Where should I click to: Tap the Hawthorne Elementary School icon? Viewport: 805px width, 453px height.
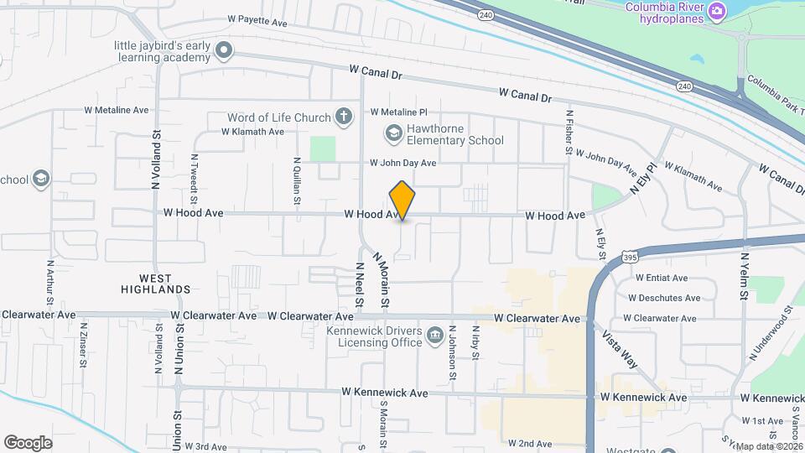click(x=392, y=133)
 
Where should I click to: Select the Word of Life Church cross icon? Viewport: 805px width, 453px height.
click(x=343, y=116)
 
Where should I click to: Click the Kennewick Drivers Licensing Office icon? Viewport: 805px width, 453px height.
click(x=434, y=336)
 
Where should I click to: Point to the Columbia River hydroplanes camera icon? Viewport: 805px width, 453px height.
click(x=716, y=10)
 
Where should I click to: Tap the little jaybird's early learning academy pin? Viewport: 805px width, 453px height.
click(x=223, y=50)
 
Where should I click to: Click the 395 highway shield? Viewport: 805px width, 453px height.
click(x=631, y=258)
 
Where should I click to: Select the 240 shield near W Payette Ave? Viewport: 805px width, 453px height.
click(x=486, y=15)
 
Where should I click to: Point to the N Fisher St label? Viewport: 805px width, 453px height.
click(x=569, y=134)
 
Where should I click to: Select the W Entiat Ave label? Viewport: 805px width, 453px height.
click(x=662, y=278)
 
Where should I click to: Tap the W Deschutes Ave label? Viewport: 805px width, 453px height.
click(x=667, y=298)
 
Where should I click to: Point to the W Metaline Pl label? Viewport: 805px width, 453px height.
click(x=399, y=112)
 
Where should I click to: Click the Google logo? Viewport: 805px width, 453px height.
click(x=28, y=442)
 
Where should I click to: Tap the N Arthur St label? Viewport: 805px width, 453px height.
click(x=49, y=284)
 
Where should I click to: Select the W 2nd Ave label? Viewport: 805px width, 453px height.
click(x=530, y=443)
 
